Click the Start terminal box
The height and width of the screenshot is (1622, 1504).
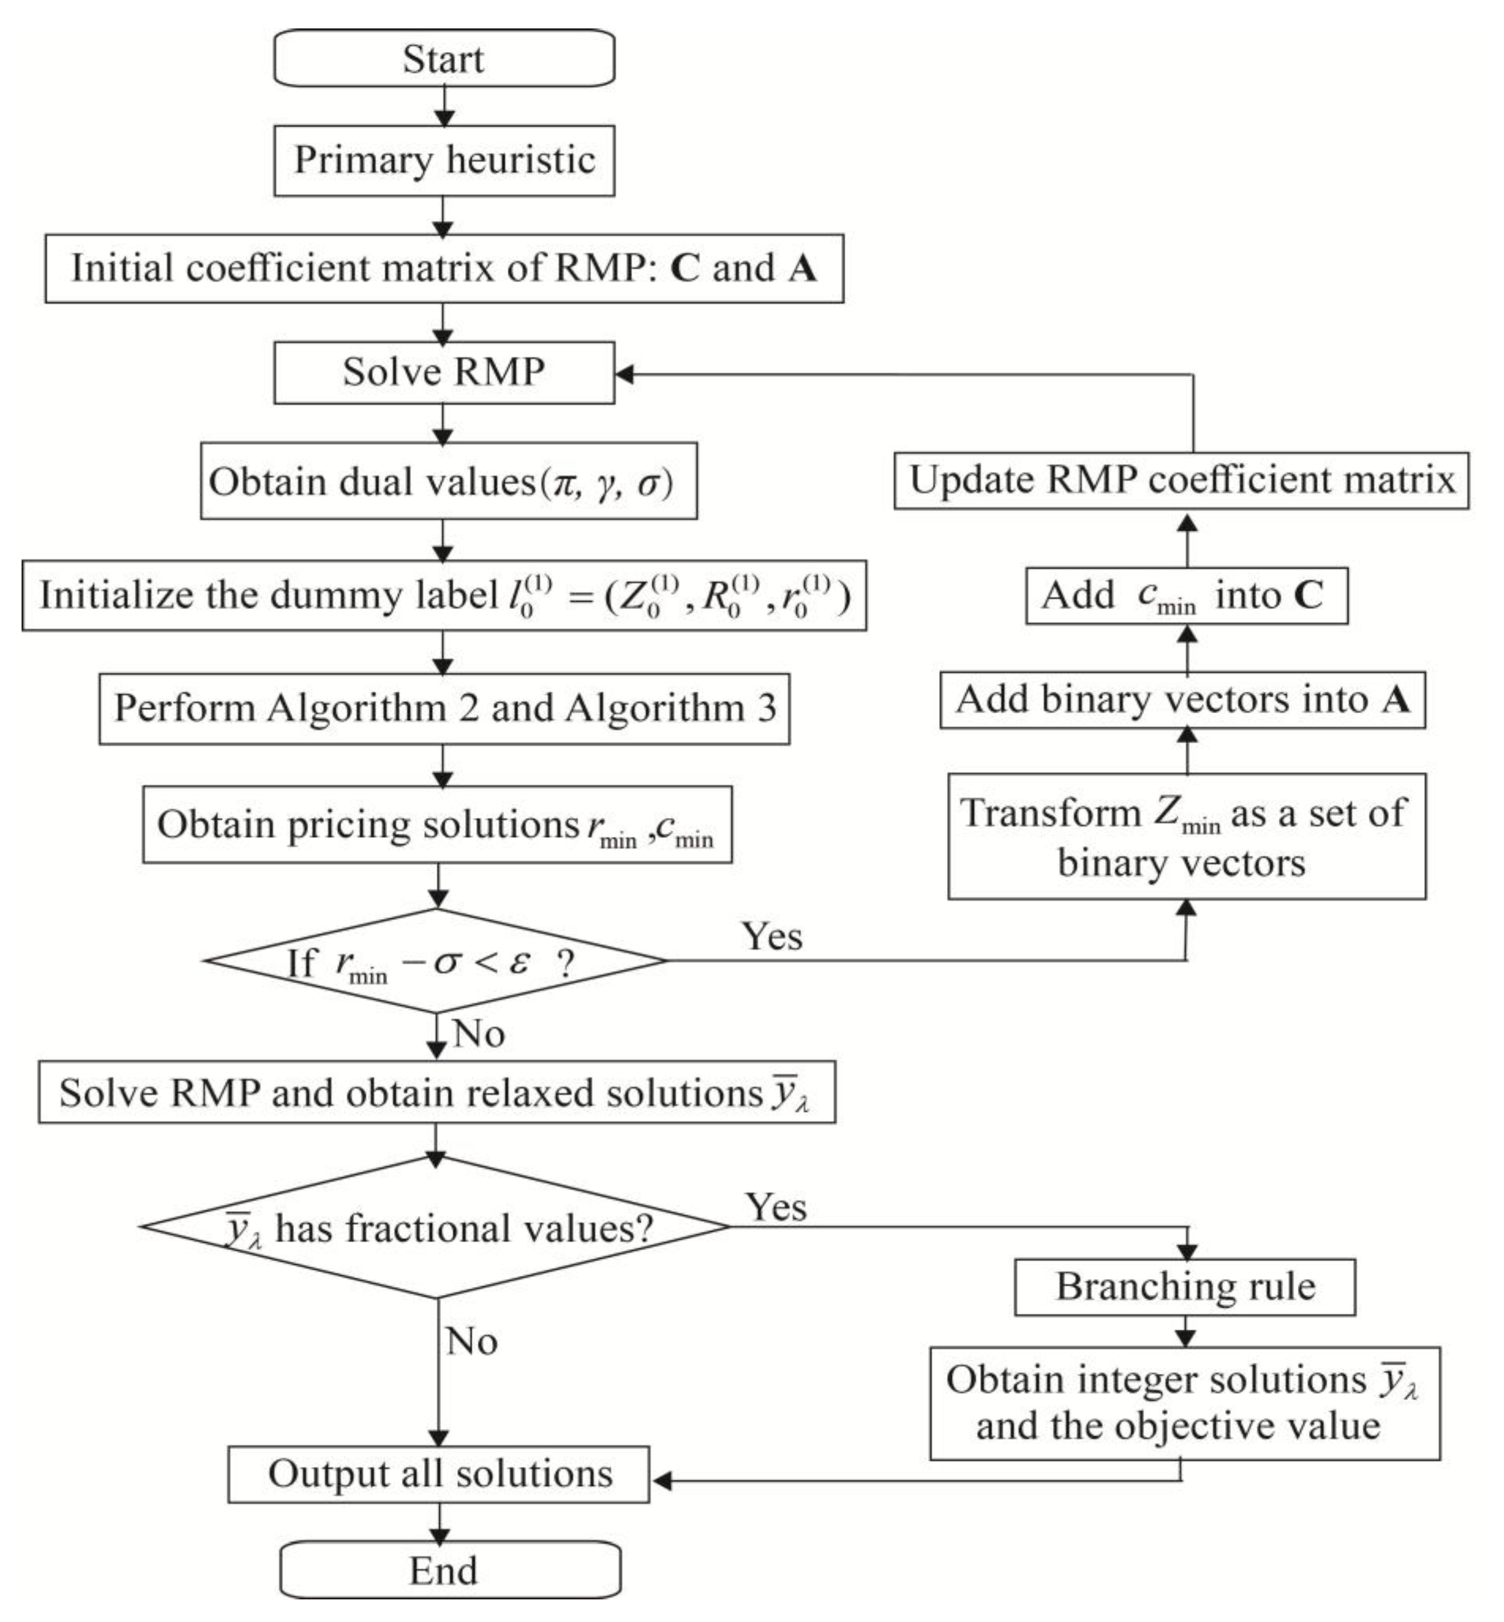[443, 58]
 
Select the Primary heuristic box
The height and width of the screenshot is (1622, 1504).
[443, 160]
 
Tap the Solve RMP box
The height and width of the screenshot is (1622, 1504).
[443, 372]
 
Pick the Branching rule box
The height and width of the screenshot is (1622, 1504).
[1184, 1286]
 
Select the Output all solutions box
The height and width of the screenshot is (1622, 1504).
[439, 1474]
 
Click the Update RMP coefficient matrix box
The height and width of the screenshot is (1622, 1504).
[1181, 480]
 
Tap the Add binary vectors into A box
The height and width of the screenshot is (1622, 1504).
[1182, 700]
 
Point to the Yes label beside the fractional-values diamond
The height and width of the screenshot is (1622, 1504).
[775, 1207]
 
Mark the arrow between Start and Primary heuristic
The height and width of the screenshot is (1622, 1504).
[443, 107]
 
